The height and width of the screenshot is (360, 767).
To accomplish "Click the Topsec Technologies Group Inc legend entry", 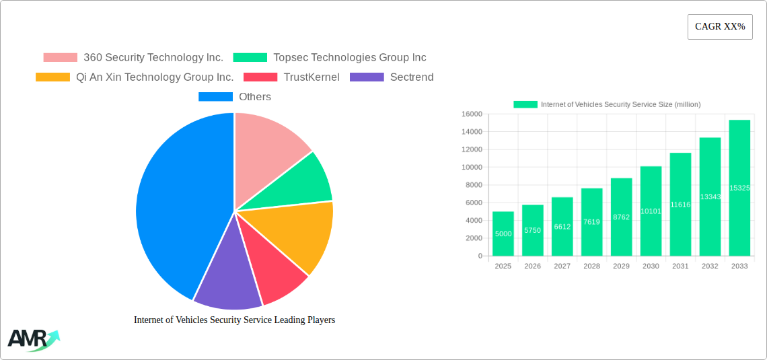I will (x=349, y=58).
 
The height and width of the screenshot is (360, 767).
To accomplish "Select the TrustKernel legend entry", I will (x=311, y=77).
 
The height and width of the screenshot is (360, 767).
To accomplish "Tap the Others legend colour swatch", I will (x=215, y=97).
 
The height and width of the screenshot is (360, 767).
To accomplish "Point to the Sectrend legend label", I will (x=412, y=77).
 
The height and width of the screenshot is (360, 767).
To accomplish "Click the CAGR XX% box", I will (x=720, y=27).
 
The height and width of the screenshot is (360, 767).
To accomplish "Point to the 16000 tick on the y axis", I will (x=471, y=114).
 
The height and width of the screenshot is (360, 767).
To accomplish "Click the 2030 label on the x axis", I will (x=651, y=266).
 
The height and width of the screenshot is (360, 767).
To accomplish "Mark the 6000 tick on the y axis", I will (x=473, y=203).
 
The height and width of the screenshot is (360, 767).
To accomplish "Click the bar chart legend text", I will (x=620, y=104).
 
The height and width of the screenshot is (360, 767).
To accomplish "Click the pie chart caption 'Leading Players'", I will (x=234, y=320).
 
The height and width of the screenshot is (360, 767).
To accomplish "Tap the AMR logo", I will (x=32, y=340).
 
